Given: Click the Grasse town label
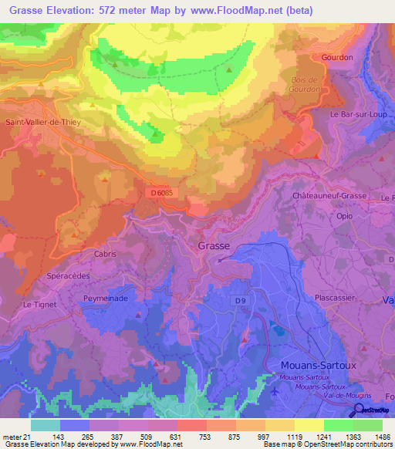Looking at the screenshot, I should pos(214,245).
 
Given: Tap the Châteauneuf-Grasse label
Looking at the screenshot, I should pos(329,197).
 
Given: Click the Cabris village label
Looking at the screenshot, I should pos(105,254).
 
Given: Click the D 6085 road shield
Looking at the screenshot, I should pos(162,193).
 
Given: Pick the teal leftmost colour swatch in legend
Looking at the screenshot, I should pos(45,424).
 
